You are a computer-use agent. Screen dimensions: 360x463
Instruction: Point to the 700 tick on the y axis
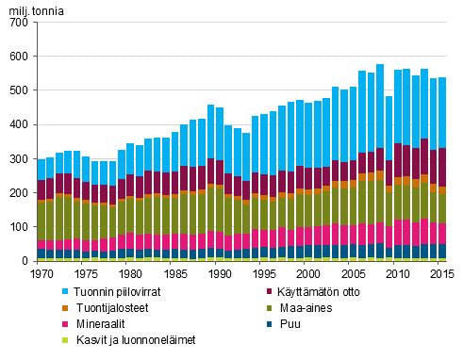[x=18, y=23]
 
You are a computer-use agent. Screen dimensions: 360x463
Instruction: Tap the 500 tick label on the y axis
[x=18, y=90]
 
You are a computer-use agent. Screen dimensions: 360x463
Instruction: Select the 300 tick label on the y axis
[x=18, y=159]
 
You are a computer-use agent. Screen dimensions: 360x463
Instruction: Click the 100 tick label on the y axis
[x=18, y=227]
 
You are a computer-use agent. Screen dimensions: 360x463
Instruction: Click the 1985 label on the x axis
[x=174, y=272]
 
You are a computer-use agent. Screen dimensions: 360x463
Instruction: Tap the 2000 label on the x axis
[x=308, y=272]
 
